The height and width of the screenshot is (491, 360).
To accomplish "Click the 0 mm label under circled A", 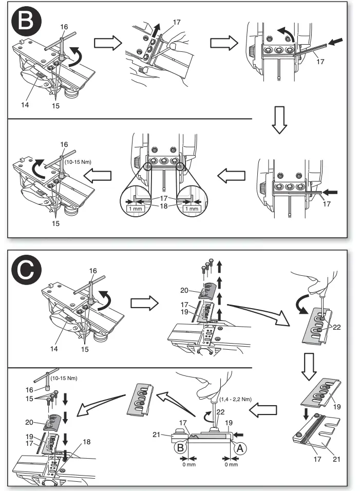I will coord(231,465).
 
